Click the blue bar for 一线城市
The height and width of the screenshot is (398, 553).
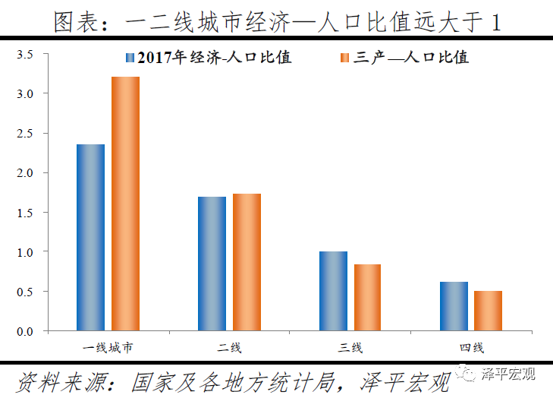[91, 237]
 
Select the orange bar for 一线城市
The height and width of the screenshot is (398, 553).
[125, 204]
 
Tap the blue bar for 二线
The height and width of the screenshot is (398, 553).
[212, 264]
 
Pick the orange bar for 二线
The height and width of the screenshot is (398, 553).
[247, 262]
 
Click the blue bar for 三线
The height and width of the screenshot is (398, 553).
[333, 291]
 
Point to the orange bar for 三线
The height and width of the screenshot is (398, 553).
[367, 297]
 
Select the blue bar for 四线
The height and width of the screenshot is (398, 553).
[454, 306]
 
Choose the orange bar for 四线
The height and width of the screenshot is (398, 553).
[488, 311]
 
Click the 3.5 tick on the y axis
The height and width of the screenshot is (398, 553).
[26, 55]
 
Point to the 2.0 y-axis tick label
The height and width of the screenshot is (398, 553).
[26, 173]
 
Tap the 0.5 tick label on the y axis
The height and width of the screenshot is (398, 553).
[26, 292]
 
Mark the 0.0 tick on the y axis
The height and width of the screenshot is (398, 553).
[26, 331]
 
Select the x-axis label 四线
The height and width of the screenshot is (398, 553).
[471, 348]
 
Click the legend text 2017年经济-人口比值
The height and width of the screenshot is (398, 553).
[215, 57]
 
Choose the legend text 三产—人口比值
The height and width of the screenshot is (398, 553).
[410, 57]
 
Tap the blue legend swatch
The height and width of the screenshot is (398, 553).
[130, 57]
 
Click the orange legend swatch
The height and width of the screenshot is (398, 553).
[346, 57]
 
